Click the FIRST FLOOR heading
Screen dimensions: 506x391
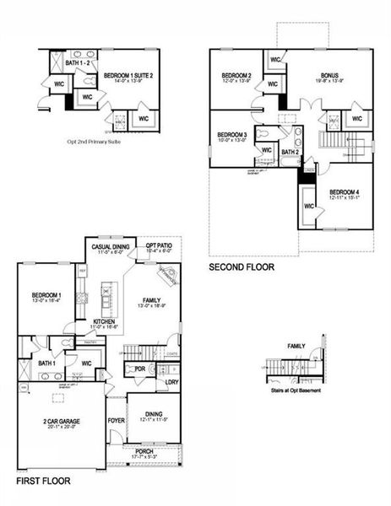43,481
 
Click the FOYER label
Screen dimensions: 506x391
115,419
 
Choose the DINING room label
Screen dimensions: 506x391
153,413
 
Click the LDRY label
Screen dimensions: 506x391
171,382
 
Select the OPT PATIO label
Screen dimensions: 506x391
159,246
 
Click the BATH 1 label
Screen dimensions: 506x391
47,363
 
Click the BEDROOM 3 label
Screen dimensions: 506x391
231,135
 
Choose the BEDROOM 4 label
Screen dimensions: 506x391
344,191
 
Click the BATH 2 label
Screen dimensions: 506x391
290,153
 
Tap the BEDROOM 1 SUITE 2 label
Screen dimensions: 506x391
133,75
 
